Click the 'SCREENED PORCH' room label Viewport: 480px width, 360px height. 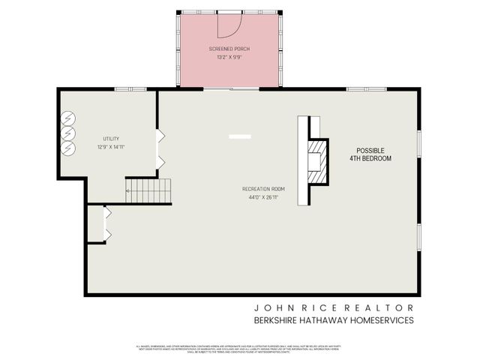coord(229,49)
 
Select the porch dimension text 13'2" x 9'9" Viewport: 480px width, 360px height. coord(229,57)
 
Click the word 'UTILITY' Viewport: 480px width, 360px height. coord(111,139)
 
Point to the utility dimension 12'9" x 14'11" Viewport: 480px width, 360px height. coord(111,147)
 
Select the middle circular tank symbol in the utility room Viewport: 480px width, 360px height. coord(68,133)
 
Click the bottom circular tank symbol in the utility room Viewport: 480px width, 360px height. coord(68,148)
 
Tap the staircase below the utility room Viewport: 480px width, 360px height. coord(148,190)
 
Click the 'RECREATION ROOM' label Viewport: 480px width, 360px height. coord(263,188)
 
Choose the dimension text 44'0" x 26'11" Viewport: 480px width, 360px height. coord(263,197)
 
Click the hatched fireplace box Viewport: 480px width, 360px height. coord(318,161)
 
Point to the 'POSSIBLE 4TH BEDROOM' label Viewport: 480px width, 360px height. coord(370,154)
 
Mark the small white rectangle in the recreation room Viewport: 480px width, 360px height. coord(240,136)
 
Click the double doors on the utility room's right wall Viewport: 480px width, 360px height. coord(160,148)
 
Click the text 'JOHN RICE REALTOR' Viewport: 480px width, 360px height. coord(333,307)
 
